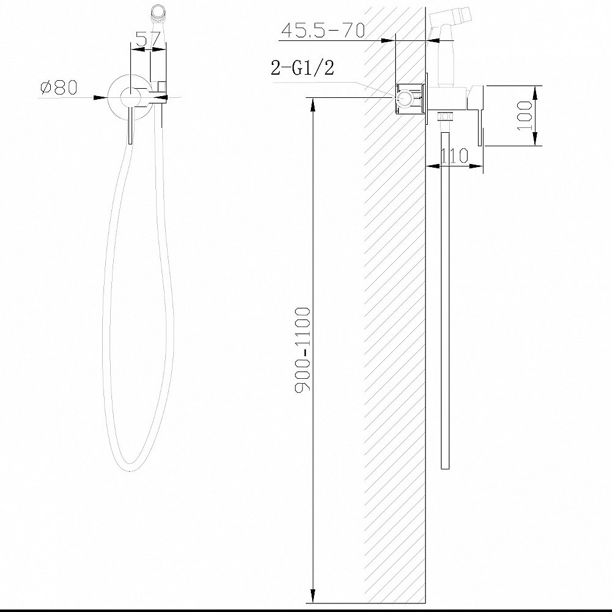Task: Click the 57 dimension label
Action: click(x=149, y=39)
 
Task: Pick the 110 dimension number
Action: click(x=454, y=155)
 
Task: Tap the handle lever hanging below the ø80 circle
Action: click(x=130, y=129)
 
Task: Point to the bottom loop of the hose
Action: click(x=131, y=465)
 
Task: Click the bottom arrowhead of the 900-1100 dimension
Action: click(x=314, y=597)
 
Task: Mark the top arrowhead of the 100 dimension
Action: click(x=535, y=91)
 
